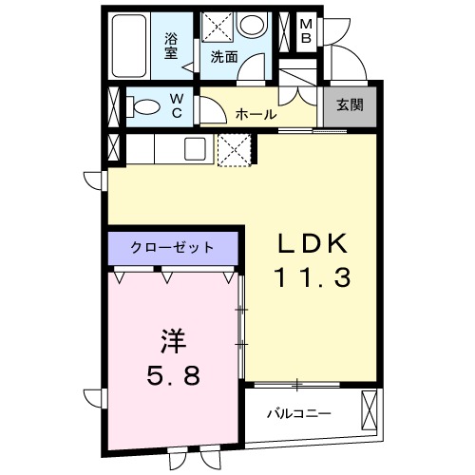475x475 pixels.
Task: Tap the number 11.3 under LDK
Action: pyautogui.click(x=313, y=277)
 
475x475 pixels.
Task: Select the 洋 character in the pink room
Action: pyautogui.click(x=171, y=339)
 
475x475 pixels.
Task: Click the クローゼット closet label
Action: pyautogui.click(x=174, y=248)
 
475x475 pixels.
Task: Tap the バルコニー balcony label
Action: pyautogui.click(x=298, y=415)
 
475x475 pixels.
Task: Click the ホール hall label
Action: pyautogui.click(x=256, y=114)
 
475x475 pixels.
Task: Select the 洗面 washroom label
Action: pyautogui.click(x=223, y=56)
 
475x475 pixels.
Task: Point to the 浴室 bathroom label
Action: pyautogui.click(x=172, y=46)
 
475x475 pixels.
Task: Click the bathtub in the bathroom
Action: pyautogui.click(x=129, y=47)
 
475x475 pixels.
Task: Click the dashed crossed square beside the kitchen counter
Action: pyautogui.click(x=234, y=149)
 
